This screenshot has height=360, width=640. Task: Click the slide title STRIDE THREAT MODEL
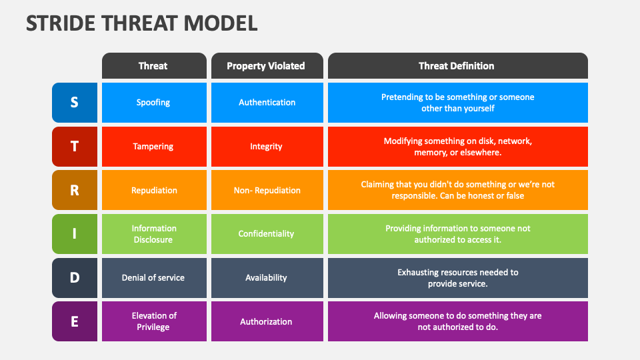point(141,23)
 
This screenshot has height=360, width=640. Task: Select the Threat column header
point(154,66)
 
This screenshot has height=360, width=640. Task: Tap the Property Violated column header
point(267,66)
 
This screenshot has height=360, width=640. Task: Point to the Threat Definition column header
point(457,66)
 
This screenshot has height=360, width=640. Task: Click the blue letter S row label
point(75,103)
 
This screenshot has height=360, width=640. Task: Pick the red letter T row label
point(75,147)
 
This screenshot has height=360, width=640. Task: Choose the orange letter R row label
point(75,190)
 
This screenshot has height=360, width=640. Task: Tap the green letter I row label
point(75,234)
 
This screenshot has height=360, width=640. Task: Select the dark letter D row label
point(75,278)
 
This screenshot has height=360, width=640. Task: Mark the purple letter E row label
point(75,321)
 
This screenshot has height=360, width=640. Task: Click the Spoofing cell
point(154,103)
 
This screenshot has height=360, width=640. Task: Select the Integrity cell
point(267,147)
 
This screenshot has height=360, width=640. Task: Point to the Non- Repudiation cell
point(267,190)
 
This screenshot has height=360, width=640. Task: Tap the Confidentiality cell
point(267,234)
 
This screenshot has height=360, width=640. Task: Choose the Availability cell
point(267,278)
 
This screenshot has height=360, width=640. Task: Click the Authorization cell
point(267,321)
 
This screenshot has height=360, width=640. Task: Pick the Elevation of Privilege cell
point(154,321)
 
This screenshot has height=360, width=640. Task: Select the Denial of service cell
point(154,278)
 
